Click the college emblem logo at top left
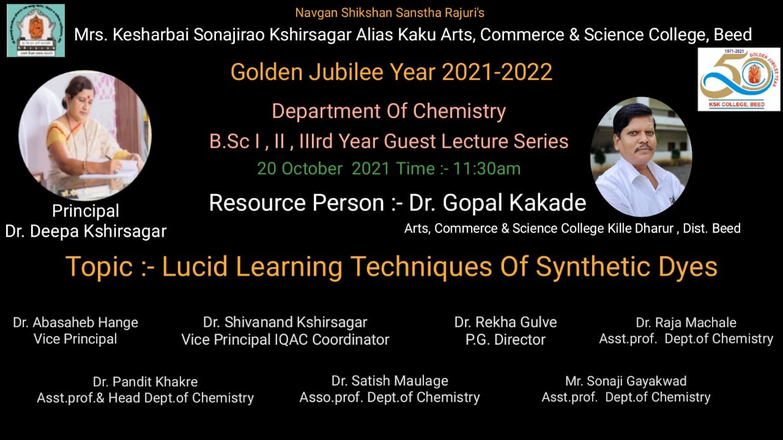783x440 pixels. point(35,31)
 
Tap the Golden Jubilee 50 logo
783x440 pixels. point(738,79)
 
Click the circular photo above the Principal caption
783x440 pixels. point(85,136)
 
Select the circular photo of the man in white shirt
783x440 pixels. point(640,156)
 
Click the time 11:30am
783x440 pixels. point(486,169)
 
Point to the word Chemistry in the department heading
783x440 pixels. point(459,111)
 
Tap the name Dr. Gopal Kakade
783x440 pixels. point(497,203)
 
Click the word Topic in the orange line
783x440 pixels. point(99,267)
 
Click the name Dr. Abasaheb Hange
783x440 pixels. point(75,322)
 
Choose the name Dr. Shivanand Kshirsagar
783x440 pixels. point(285,322)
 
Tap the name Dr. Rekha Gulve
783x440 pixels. point(505,322)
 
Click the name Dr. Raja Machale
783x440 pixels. point(686,323)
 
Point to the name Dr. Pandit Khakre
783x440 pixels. point(146,382)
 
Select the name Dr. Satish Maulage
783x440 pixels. point(390,381)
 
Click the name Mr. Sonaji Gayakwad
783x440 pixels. point(626,381)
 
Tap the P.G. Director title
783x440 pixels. point(505,339)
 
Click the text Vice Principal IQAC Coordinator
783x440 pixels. point(285,339)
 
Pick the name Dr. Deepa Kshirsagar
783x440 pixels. point(86,231)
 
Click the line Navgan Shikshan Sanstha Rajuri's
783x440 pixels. point(390,13)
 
